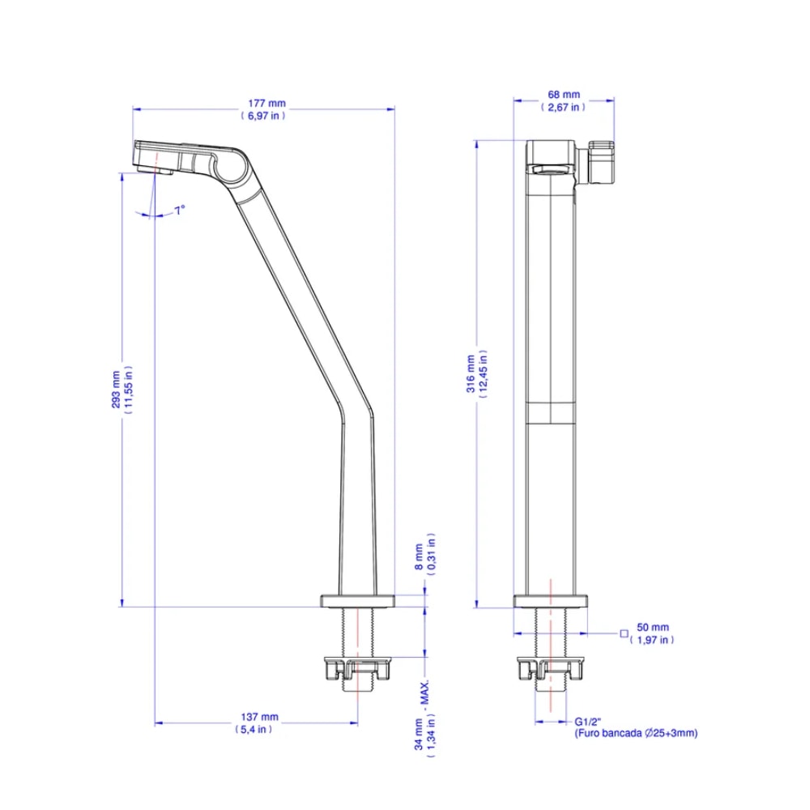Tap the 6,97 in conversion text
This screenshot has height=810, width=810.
pos(264,115)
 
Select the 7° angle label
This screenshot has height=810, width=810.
pos(179,209)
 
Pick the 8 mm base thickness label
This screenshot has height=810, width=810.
pos(419,556)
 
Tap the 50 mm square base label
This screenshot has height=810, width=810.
pos(653,627)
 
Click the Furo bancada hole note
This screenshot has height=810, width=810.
pos(636,733)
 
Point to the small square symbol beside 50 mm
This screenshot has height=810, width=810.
pos(624,633)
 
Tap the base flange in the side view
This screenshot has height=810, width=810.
pos(357,600)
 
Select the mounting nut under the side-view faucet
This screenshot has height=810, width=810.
pos(357,669)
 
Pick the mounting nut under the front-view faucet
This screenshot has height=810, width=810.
pos(550,669)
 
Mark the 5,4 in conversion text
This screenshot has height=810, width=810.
pos(254,729)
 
